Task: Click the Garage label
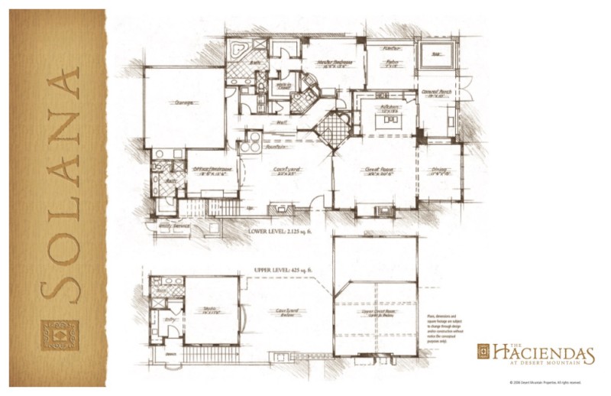183,102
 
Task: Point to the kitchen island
385,121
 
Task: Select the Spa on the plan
438,54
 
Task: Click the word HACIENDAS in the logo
543,353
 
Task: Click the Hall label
281,122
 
